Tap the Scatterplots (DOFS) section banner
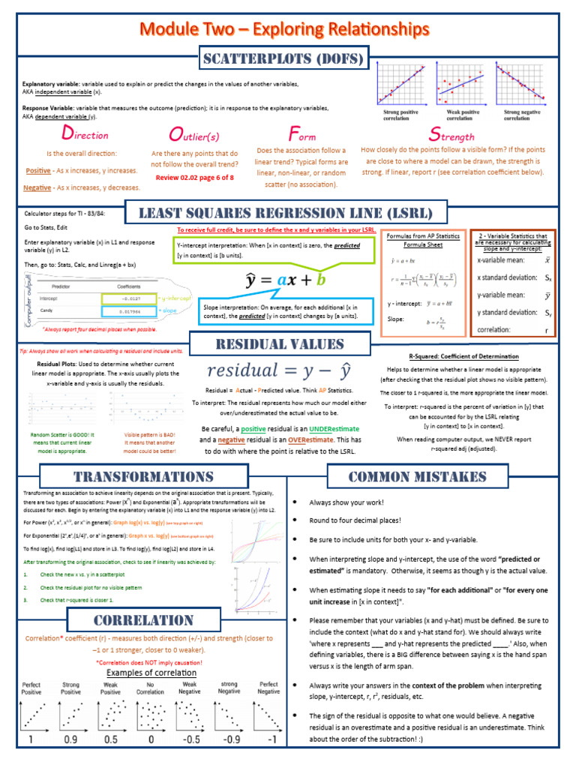click(283, 58)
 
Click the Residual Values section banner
click(280, 344)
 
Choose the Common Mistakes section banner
click(417, 477)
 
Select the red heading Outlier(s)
click(194, 136)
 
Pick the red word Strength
click(451, 136)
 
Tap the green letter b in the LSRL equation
click(321, 280)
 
